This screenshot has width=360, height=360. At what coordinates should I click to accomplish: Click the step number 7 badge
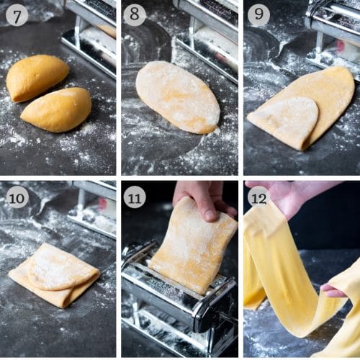click(17, 14)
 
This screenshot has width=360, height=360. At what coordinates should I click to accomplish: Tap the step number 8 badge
click(134, 14)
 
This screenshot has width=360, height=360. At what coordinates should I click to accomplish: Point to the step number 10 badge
click(17, 197)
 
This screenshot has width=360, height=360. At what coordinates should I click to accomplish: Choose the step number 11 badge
click(134, 197)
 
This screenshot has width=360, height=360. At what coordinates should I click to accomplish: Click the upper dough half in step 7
click(37, 76)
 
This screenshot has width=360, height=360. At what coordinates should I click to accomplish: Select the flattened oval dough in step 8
click(178, 96)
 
